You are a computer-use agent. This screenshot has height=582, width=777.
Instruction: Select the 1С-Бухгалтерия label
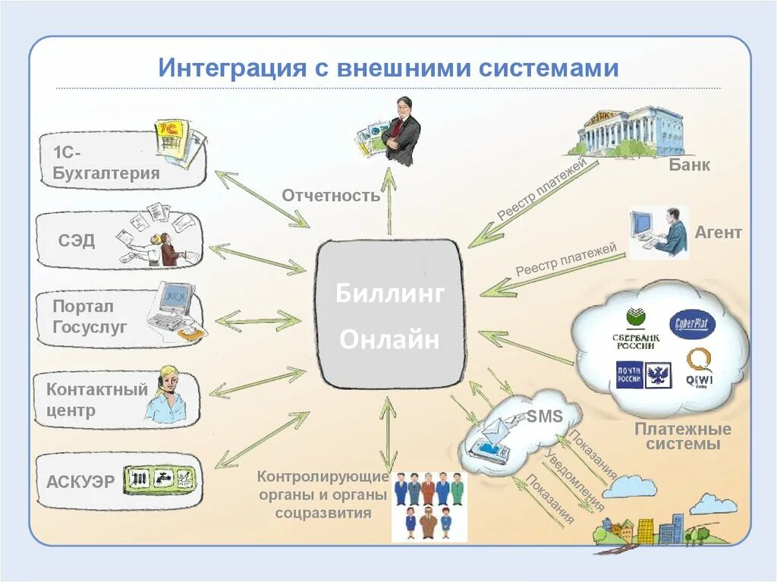coord(106,162)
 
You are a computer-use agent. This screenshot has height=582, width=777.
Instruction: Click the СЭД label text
coord(77,241)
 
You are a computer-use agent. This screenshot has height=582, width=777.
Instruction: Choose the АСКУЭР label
coord(81,481)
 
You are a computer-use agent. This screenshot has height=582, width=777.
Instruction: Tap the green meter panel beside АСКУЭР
coord(160,478)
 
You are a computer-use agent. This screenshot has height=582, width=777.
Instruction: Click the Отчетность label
coord(331,196)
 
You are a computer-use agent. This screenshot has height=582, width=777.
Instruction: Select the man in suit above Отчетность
coord(401,131)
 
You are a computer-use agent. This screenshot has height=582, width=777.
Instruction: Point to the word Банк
coord(689,165)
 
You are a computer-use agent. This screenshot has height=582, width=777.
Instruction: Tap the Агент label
coord(718,233)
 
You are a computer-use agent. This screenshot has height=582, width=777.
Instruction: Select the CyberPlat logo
coord(691,325)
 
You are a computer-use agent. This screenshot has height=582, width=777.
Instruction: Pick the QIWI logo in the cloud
coord(699,368)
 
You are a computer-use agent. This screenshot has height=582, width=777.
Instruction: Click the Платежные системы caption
coord(683,436)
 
